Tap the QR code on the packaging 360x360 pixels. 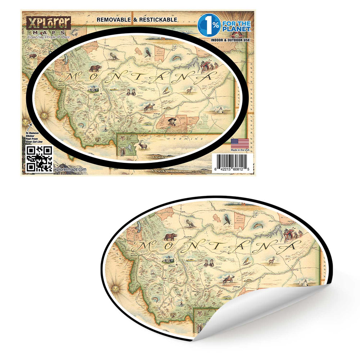(x=39, y=158)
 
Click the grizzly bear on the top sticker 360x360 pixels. (x=95, y=68)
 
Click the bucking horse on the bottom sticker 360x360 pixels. (x=228, y=279)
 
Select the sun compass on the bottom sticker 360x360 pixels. (x=116, y=288)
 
